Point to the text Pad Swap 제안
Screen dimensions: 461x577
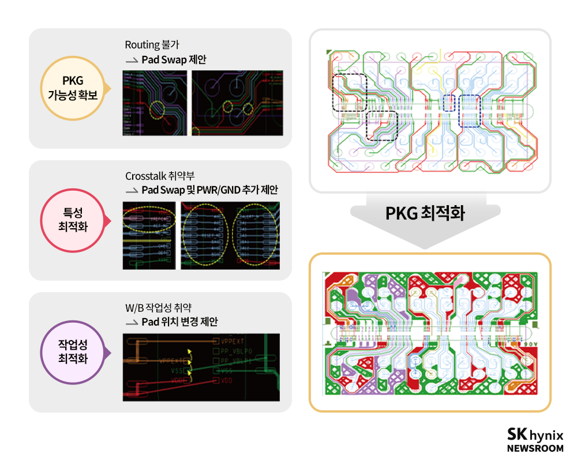pyautogui.click(x=174, y=59)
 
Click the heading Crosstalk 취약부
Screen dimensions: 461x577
pyautogui.click(x=158, y=176)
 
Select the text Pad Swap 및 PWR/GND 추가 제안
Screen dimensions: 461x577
pyautogui.click(x=209, y=190)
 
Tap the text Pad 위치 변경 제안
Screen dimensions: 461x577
pyautogui.click(x=179, y=322)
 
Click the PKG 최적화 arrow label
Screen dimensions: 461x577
pyautogui.click(x=425, y=214)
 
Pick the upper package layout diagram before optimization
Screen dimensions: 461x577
pyautogui.click(x=430, y=111)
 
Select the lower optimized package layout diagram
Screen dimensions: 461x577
pyautogui.click(x=430, y=332)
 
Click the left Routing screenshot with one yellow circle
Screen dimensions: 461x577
pyautogui.click(x=155, y=103)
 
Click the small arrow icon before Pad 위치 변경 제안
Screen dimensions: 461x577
pyautogui.click(x=132, y=323)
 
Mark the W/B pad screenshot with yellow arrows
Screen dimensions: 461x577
pyautogui.click(x=201, y=366)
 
